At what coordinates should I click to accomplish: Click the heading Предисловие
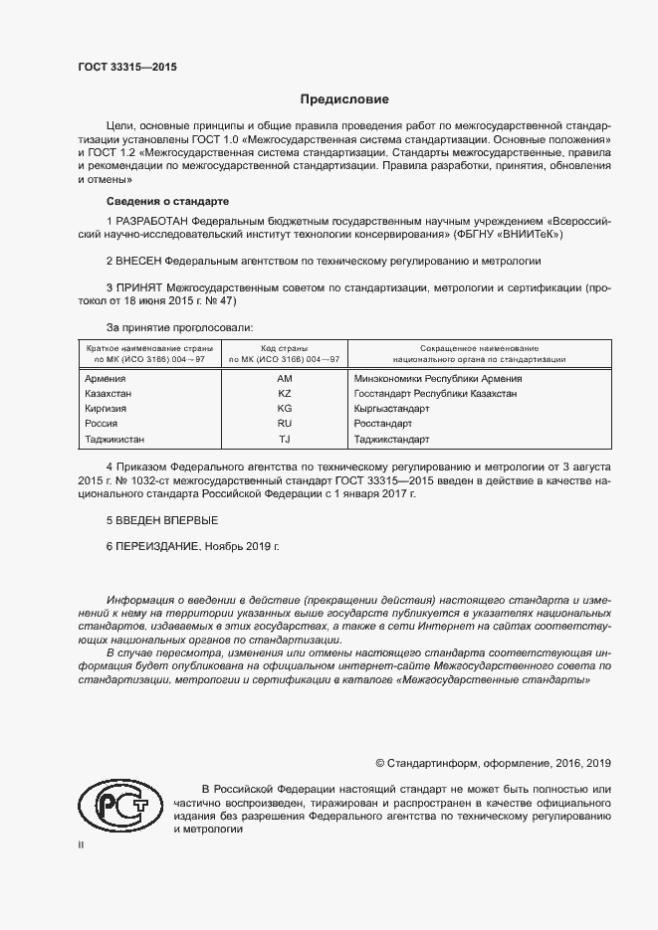(x=344, y=99)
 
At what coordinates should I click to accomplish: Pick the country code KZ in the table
(x=285, y=394)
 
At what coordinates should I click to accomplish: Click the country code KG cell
(x=285, y=409)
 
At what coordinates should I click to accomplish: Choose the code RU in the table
(x=285, y=424)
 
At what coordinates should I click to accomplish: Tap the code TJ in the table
(x=285, y=439)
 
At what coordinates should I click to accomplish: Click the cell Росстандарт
(x=382, y=424)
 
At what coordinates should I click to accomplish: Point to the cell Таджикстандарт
(x=392, y=439)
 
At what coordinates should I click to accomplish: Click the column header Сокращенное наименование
(x=479, y=349)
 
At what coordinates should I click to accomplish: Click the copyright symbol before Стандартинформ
(x=380, y=763)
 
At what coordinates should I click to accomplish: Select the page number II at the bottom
(x=81, y=844)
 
